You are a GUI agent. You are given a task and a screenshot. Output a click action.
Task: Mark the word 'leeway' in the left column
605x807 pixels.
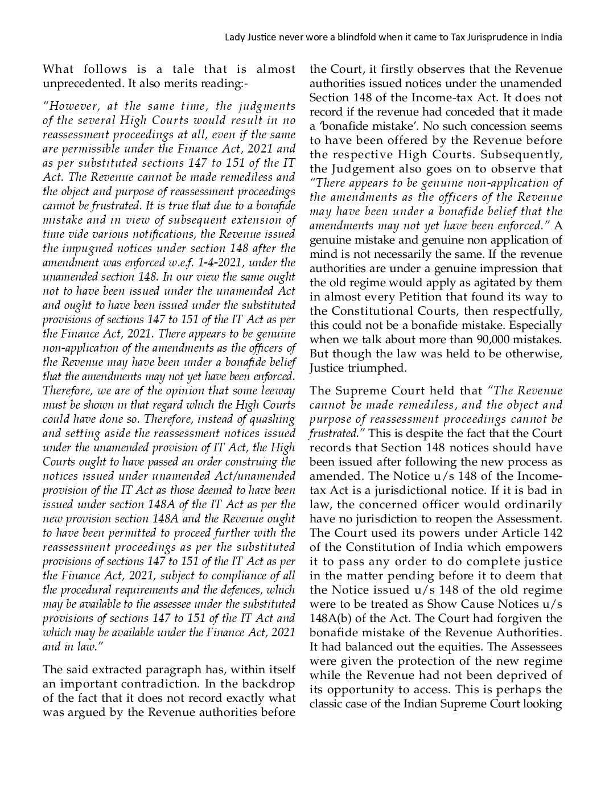(277, 391)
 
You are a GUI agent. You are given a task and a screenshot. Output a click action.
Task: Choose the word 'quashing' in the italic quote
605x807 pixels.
(271, 419)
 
